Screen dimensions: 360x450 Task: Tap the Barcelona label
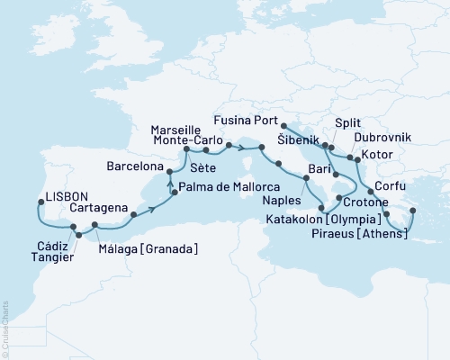point(135,166)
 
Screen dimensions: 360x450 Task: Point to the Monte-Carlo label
point(185,141)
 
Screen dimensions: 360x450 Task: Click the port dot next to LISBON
point(39,202)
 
